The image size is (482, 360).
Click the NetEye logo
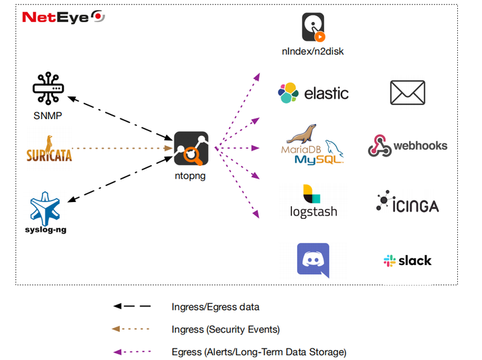pos(62,17)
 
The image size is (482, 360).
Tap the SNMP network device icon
pos(48,88)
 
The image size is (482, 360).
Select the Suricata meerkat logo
pos(49,149)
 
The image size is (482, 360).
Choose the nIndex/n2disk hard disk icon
pos(313,27)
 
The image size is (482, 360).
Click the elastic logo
pos(313,93)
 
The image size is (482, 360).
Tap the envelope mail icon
pos(408,93)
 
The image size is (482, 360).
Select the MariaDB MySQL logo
pos(312,145)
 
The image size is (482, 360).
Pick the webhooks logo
pos(407,146)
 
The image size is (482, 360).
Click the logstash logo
pos(313,201)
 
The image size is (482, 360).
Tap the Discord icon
pos(313,260)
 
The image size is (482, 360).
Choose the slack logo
pos(407,261)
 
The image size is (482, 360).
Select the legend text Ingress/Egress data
pos(216,306)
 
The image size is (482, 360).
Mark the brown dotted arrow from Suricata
pos(120,147)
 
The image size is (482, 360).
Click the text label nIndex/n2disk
pos(313,51)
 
